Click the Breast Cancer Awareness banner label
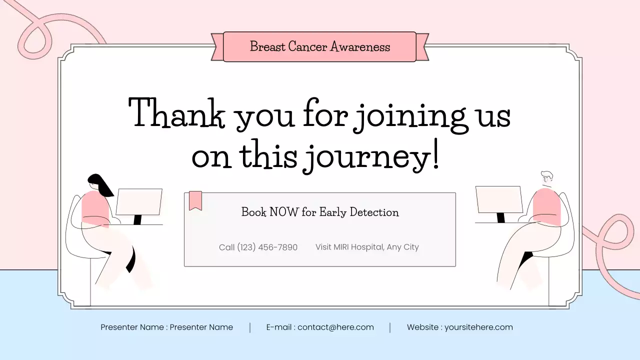[x=319, y=47]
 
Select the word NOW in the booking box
[x=284, y=212]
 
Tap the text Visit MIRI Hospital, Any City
[x=367, y=247]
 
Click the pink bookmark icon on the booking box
[x=195, y=200]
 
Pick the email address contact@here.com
[x=335, y=327]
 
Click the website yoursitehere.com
[x=478, y=327]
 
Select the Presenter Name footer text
[x=166, y=327]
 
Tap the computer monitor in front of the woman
[x=139, y=202]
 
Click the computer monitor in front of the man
[x=498, y=199]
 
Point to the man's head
[x=546, y=177]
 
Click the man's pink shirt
[x=546, y=205]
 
